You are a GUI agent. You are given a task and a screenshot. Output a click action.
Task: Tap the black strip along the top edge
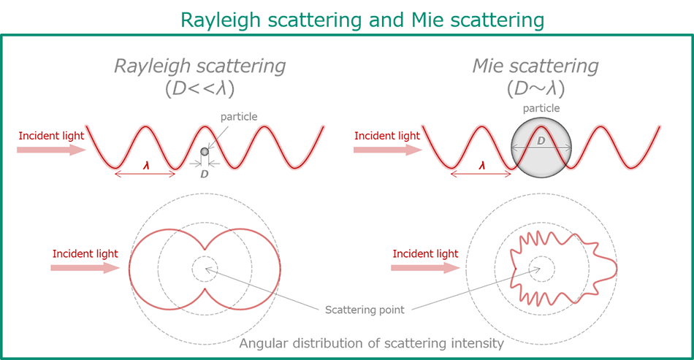pos(347,5)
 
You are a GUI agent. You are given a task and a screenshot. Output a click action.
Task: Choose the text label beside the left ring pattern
pos(69,258)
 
